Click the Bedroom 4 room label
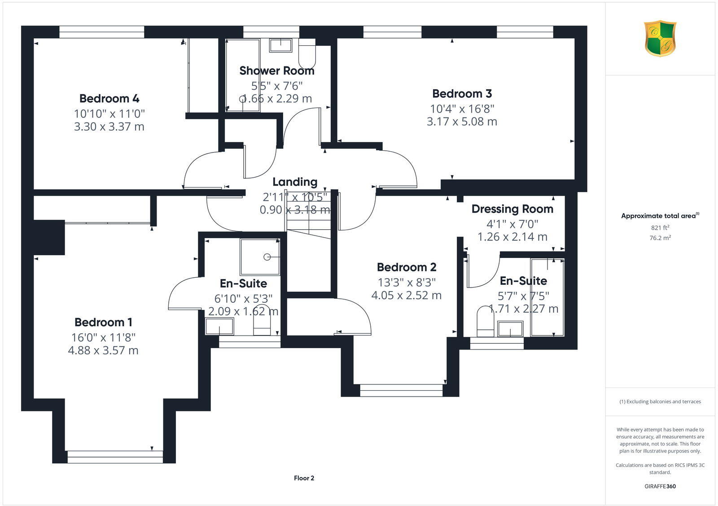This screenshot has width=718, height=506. [109, 98]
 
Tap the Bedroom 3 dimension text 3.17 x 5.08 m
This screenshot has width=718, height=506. [462, 122]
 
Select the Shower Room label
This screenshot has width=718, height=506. [276, 71]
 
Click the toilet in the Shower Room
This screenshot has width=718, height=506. [307, 55]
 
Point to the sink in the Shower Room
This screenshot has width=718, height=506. [280, 45]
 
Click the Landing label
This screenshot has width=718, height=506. [295, 182]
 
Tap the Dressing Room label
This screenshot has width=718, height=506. [512, 209]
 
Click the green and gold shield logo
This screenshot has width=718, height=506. [660, 38]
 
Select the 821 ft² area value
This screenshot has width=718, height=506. [660, 227]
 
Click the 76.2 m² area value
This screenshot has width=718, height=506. [660, 238]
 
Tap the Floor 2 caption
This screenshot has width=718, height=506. [304, 478]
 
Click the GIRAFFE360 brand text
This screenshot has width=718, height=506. [660, 486]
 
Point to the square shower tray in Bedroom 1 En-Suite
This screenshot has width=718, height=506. [260, 257]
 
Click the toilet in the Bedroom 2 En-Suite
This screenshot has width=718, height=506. [485, 322]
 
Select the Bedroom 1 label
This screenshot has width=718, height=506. [103, 322]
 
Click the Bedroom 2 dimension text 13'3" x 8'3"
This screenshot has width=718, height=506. [407, 282]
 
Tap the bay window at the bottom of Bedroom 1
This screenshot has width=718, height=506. [115, 457]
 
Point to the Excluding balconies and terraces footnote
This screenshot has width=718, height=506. [660, 402]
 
